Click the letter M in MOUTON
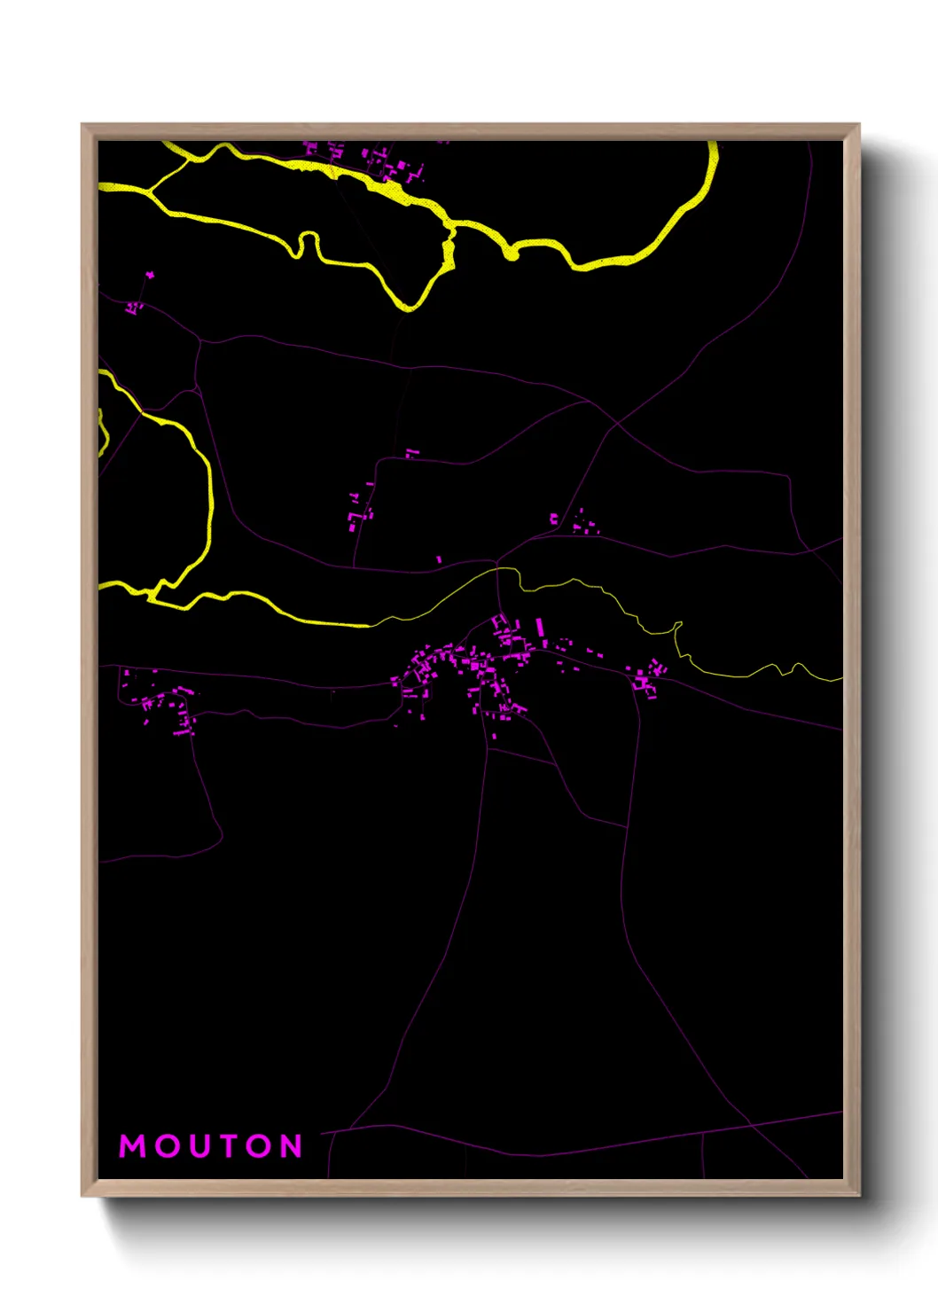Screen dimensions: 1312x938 coord(133,1146)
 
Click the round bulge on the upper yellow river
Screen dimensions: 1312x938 coord(511,254)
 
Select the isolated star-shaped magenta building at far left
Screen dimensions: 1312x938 coord(150,275)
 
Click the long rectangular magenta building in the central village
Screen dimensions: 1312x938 coord(539,628)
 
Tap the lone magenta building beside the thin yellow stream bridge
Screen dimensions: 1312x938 coord(439,559)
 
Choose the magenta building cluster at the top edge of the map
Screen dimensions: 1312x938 coord(390,165)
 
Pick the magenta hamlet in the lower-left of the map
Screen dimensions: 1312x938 coord(164,705)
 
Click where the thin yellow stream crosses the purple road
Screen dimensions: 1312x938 coord(498,568)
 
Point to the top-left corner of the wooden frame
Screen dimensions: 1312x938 coord(83,125)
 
